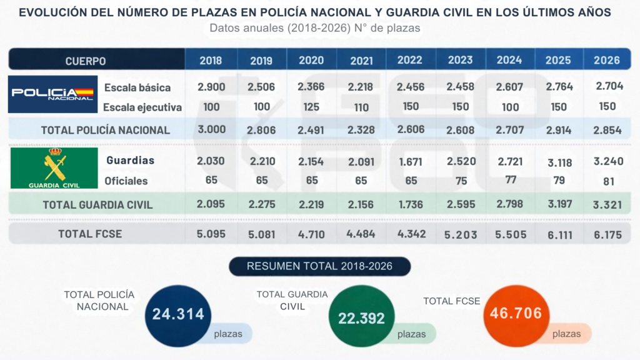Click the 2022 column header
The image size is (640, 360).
click(x=410, y=60)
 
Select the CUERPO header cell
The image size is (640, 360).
click(x=86, y=61)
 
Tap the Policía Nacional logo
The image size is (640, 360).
click(x=53, y=94)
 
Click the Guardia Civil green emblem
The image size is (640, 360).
click(x=54, y=167)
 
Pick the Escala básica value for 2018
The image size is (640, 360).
click(x=211, y=87)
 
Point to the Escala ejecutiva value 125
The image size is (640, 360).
click(x=311, y=107)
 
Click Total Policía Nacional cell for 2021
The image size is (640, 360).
click(x=361, y=130)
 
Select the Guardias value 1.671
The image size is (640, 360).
click(x=411, y=161)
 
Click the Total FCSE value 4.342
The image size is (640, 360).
click(x=411, y=234)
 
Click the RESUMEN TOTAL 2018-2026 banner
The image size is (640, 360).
click(x=319, y=266)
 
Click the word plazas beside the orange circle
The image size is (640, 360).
click(x=566, y=334)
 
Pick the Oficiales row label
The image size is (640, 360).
click(x=126, y=181)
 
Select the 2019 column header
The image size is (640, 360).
click(x=261, y=61)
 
